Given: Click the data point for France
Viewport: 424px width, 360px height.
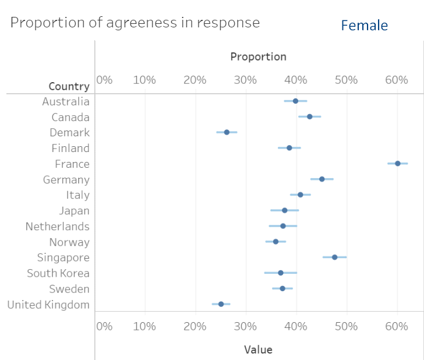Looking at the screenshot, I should tap(398, 164).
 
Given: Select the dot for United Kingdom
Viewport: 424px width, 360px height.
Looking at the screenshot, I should tap(221, 304).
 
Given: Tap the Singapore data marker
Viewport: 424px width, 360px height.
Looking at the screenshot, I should tap(334, 257).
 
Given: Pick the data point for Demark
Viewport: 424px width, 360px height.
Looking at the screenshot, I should tap(227, 132).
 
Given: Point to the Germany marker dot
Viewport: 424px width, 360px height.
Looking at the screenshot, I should tap(321, 179).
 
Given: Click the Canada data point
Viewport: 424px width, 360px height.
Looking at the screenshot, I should tap(309, 117).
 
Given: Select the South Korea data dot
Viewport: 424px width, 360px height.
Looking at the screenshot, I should tap(280, 273).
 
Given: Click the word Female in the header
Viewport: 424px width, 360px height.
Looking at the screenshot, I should tap(364, 26).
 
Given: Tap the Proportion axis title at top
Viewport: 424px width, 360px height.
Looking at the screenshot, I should tap(258, 57).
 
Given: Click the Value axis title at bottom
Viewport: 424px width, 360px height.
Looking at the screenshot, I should tap(258, 350).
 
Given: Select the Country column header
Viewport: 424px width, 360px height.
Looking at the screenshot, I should tap(69, 87).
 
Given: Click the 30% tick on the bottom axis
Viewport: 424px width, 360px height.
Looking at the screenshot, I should tap(245, 326).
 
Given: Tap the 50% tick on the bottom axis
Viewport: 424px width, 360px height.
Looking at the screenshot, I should tap(346, 326).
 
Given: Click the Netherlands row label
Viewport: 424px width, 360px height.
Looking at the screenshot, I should tap(57, 227).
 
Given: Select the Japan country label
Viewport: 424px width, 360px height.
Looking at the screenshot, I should tap(74, 211).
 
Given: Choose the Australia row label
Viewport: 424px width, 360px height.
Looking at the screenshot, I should tap(66, 101).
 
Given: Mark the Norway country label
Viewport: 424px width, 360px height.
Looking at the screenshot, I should tap(69, 242).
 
